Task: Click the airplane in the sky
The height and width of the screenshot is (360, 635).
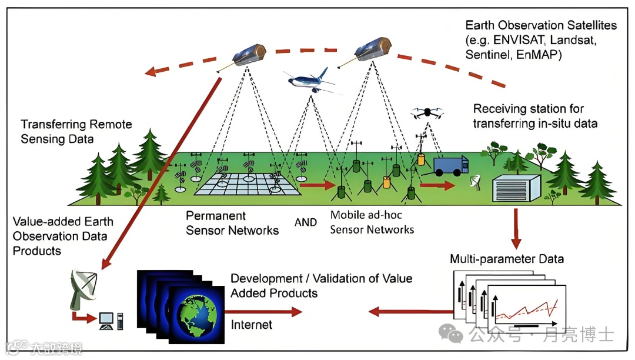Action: coord(308,81)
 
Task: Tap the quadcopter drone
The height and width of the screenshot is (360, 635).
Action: coord(428,113)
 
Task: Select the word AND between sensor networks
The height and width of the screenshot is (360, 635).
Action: coord(305,222)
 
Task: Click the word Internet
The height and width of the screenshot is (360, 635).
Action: coord(252,324)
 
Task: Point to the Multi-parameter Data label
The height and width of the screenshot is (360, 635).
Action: coord(507,259)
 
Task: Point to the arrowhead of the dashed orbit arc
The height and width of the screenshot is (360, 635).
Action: coord(152,72)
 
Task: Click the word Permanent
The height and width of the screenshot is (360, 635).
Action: coord(216,216)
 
